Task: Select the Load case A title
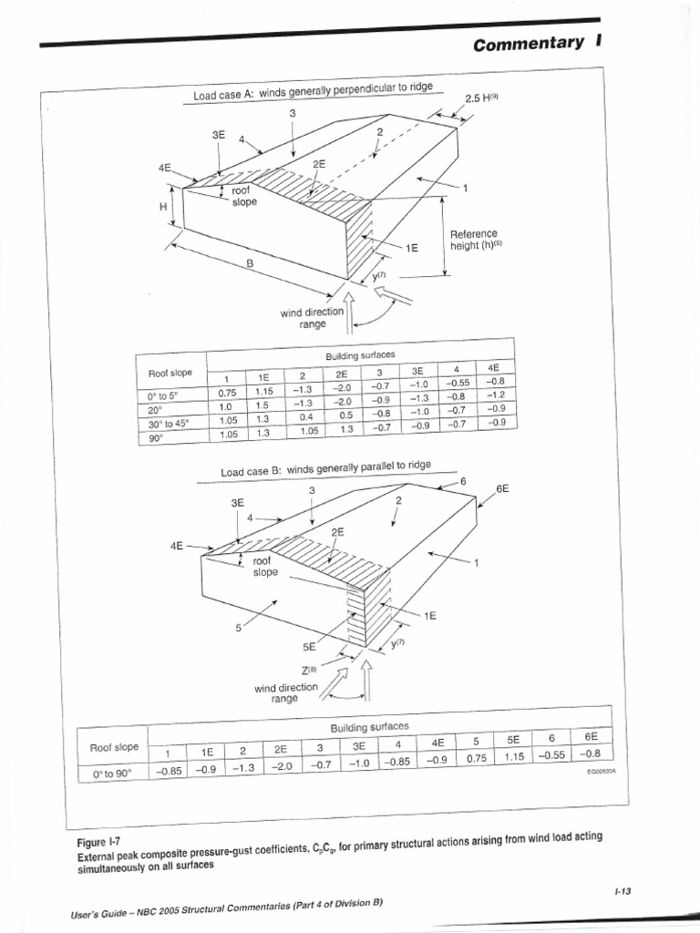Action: click(x=312, y=91)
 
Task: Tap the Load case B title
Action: click(x=325, y=470)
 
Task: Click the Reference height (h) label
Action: click(x=475, y=241)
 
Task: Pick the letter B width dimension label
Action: click(x=248, y=262)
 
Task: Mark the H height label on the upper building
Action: click(x=163, y=208)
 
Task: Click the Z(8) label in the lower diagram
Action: click(x=320, y=667)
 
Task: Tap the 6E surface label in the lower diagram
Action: click(x=502, y=488)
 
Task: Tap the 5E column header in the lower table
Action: click(x=514, y=741)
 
